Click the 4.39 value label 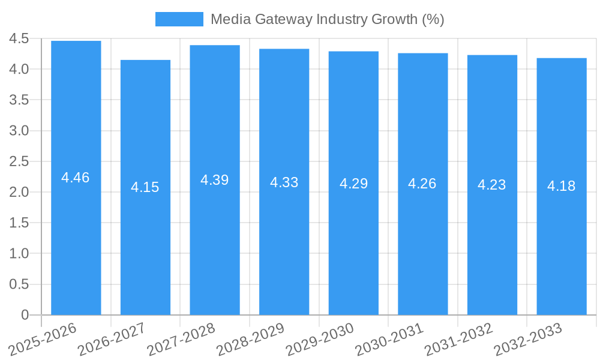(214, 180)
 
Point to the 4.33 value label (284, 182)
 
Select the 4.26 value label (422, 184)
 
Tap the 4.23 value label (492, 185)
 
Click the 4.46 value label (76, 178)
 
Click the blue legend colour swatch (179, 19)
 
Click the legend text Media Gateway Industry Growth (327, 19)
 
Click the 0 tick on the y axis (25, 315)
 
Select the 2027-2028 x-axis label (181, 339)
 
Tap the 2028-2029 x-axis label (250, 339)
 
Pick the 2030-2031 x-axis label (389, 339)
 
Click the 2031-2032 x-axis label (458, 339)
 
